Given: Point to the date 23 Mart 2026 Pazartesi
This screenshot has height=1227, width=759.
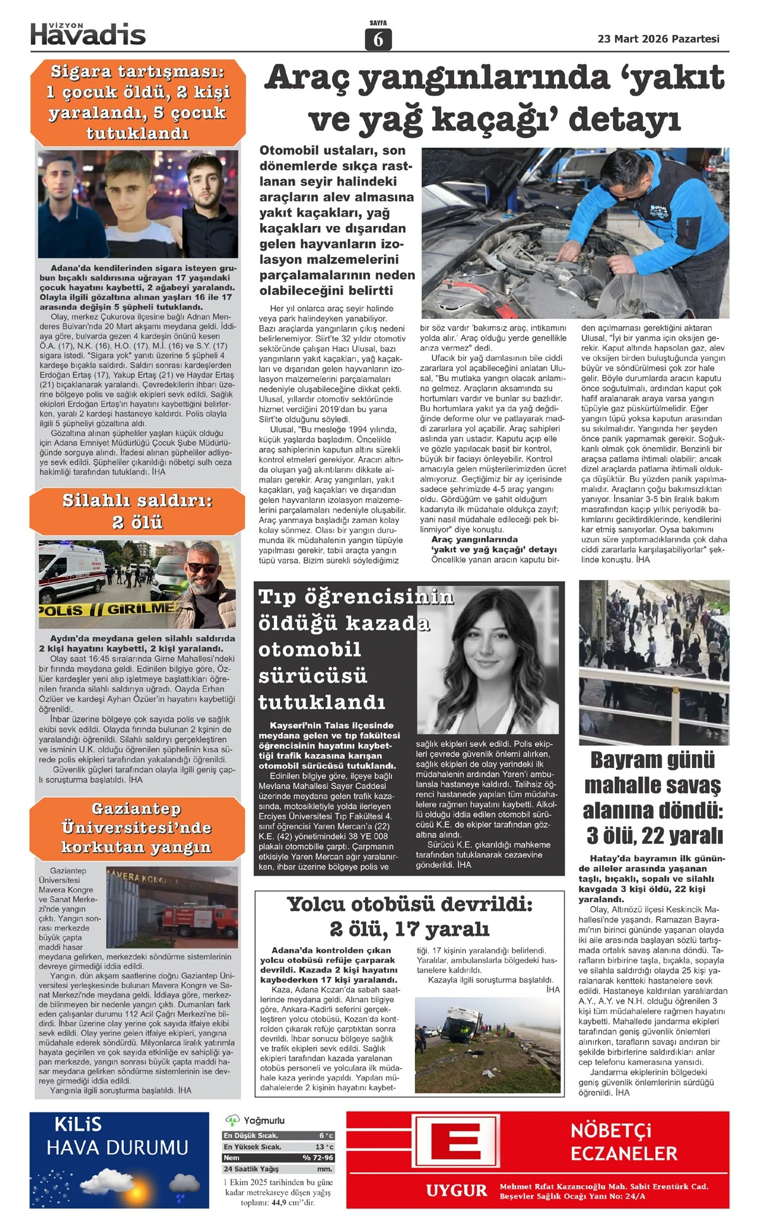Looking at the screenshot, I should click(x=658, y=39).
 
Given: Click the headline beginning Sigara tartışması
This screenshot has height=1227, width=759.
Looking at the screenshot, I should click(x=137, y=103).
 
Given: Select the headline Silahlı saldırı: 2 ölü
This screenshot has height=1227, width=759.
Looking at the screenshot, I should click(x=137, y=511).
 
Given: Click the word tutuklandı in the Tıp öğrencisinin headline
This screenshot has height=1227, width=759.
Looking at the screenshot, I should click(x=321, y=702).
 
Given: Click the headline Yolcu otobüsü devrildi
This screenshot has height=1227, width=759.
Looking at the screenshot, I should click(x=409, y=916).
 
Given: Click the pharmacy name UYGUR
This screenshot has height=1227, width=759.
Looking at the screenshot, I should click(x=456, y=1191).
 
